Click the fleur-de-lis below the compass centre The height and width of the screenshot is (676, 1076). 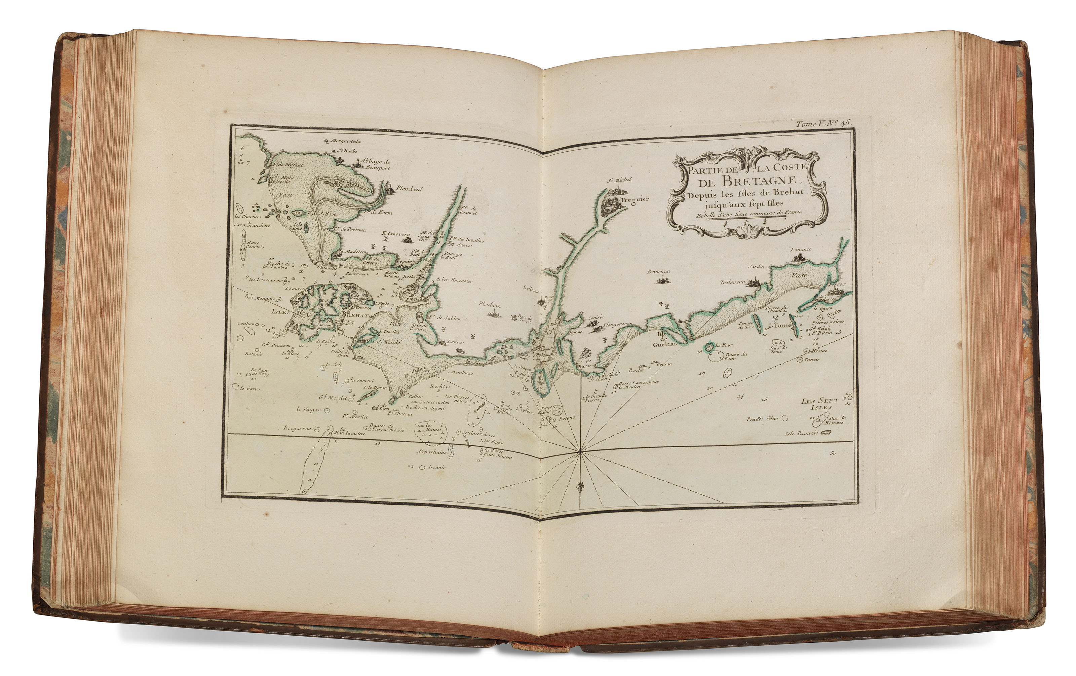tap(580, 486)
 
